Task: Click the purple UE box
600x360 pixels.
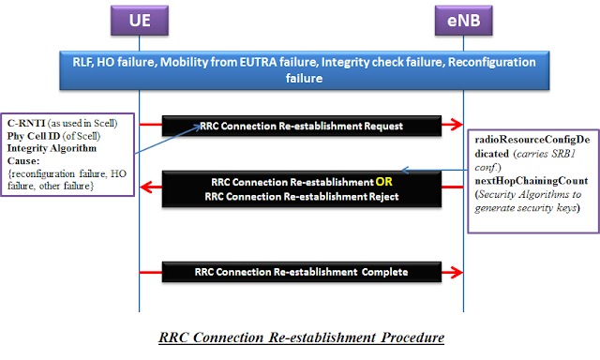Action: pyautogui.click(x=140, y=21)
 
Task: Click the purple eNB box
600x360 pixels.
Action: pyautogui.click(x=464, y=21)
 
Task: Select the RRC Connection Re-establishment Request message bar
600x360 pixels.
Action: pyautogui.click(x=302, y=126)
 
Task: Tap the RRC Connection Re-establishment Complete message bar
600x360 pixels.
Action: pyautogui.click(x=302, y=272)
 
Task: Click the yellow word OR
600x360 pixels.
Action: pyautogui.click(x=383, y=182)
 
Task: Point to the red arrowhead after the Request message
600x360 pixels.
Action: pyautogui.click(x=457, y=124)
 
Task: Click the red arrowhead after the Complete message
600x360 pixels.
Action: pyautogui.click(x=457, y=273)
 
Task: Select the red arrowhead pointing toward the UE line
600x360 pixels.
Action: pyautogui.click(x=146, y=187)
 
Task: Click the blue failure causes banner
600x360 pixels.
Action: pyautogui.click(x=304, y=70)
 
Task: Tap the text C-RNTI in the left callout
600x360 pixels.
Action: pyautogui.click(x=26, y=123)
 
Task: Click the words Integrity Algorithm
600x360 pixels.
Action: pyautogui.click(x=52, y=148)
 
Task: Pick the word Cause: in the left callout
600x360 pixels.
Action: pyautogui.click(x=23, y=160)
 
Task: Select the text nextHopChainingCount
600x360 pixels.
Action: pyautogui.click(x=532, y=181)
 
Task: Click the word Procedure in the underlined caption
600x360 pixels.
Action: pyautogui.click(x=412, y=337)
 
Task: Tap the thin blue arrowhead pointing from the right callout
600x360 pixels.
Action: pyautogui.click(x=406, y=171)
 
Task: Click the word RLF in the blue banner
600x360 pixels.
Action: pyautogui.click(x=82, y=63)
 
